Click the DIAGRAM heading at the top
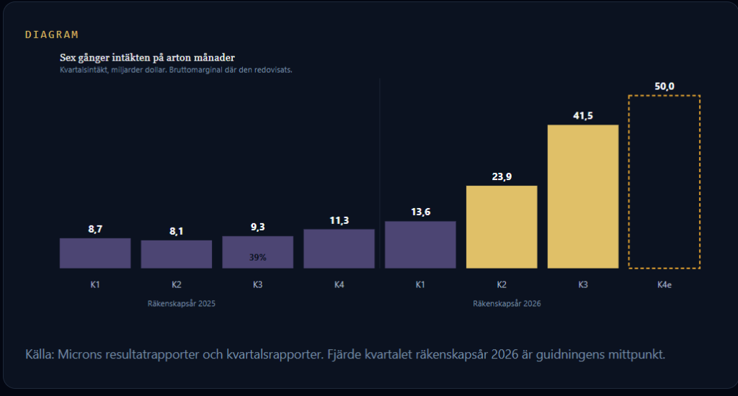coord(52,35)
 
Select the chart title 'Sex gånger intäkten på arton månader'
coord(147,58)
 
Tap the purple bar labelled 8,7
coord(95,253)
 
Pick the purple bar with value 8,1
coord(177,254)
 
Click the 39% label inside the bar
coord(258,257)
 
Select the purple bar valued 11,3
coord(339,249)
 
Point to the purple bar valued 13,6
coord(420,245)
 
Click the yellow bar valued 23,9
coord(502,227)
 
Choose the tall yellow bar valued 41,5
coord(583,197)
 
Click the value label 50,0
coord(664,86)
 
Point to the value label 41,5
coord(583,116)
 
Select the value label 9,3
coord(258,227)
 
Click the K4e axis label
coord(664,285)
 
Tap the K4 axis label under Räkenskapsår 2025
coord(339,284)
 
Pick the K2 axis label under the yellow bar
coord(502,284)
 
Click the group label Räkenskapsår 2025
coord(181,304)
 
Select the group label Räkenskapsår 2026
coord(507,304)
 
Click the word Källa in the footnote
coord(39,354)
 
